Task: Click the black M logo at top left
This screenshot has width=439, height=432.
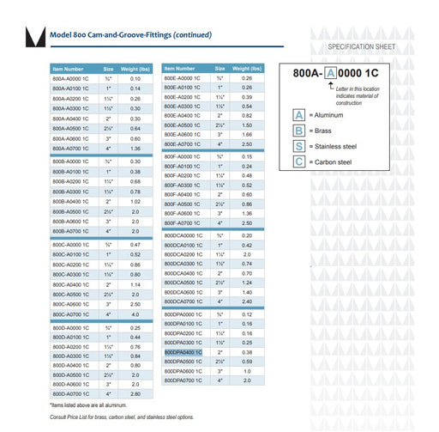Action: (x=35, y=38)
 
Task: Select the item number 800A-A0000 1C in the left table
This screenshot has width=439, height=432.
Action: (x=72, y=78)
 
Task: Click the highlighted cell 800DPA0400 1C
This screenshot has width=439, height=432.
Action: (x=183, y=352)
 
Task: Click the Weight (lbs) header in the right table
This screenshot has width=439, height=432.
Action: (x=247, y=68)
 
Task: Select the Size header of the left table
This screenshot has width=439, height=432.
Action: (x=109, y=68)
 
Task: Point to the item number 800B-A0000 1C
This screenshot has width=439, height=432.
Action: (x=72, y=161)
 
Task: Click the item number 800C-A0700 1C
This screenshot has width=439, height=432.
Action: (x=72, y=315)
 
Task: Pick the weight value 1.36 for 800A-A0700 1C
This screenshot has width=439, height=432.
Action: (x=135, y=149)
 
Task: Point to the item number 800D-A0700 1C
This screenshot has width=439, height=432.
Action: (x=72, y=393)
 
